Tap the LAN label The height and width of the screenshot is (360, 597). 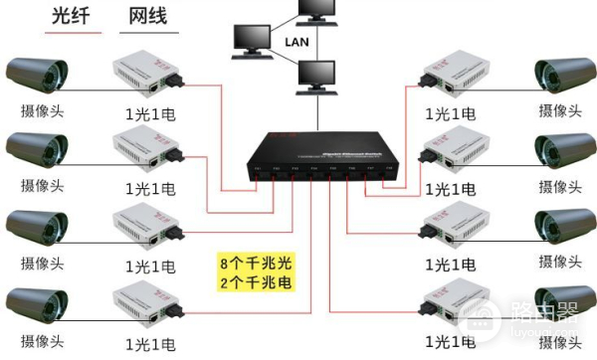(x=297, y=42)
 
